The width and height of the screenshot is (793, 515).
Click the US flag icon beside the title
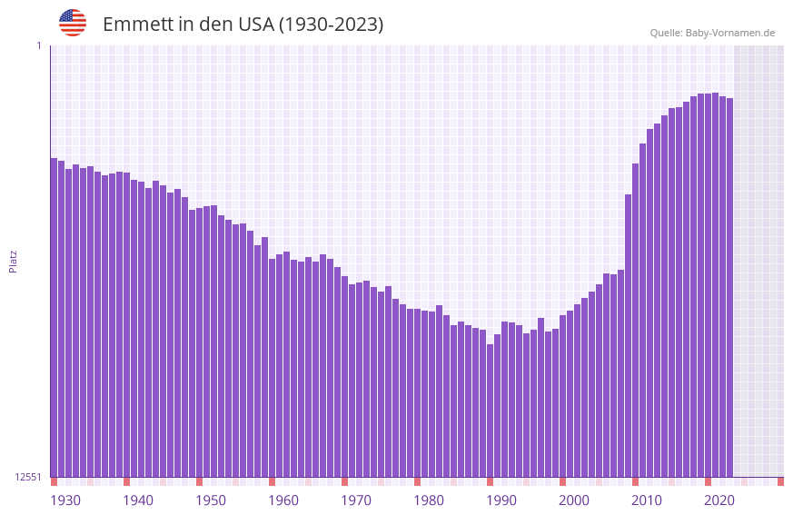click(73, 23)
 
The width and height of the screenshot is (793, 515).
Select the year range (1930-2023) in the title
click(331, 25)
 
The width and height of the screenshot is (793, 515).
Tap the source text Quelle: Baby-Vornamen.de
click(712, 33)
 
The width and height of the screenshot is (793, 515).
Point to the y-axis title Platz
click(13, 261)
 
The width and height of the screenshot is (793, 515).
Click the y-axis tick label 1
click(39, 45)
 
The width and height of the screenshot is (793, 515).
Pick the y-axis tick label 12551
click(28, 477)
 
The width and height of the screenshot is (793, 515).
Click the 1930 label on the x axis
click(65, 500)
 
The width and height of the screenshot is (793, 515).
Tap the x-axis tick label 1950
click(211, 500)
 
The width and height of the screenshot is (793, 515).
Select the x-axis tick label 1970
click(356, 500)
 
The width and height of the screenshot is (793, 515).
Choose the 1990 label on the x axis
click(501, 500)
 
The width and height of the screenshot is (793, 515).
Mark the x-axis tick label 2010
click(647, 500)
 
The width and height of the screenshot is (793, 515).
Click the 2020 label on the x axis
click(719, 500)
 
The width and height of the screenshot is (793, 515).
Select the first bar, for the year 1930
click(54, 318)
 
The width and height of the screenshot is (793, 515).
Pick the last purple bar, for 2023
click(729, 287)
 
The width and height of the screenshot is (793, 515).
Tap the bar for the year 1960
click(272, 368)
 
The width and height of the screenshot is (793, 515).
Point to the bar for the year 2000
click(562, 396)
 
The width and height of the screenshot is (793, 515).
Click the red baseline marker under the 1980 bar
click(417, 481)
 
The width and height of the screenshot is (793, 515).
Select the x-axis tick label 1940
click(138, 500)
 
